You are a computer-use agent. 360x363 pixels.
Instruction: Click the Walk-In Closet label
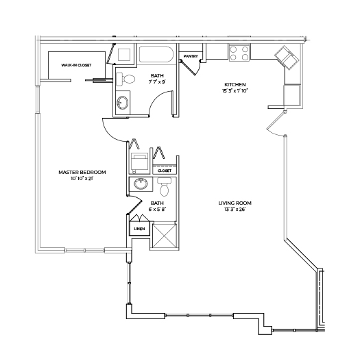[76, 65]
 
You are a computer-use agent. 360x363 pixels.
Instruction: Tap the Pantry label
[191, 56]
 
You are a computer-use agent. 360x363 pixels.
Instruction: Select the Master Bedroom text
[82, 172]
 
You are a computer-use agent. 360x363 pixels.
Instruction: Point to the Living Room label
[235, 203]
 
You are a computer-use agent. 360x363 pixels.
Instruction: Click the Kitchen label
[235, 84]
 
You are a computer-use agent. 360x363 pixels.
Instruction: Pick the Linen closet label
[139, 229]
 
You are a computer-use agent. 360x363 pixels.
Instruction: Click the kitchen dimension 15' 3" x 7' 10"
[235, 90]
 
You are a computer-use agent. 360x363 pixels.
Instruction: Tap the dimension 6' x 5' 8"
[157, 210]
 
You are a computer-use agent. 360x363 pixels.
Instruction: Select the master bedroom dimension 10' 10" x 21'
[82, 179]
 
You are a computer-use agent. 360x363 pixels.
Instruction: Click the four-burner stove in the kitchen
[239, 53]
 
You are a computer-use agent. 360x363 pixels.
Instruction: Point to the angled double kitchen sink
[286, 58]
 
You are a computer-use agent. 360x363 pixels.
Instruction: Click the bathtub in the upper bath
[156, 54]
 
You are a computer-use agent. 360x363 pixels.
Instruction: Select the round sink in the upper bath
[122, 102]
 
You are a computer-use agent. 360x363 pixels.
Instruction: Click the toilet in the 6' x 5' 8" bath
[165, 186]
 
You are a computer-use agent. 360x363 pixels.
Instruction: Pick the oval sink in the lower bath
[141, 184]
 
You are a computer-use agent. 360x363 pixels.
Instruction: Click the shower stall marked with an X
[165, 236]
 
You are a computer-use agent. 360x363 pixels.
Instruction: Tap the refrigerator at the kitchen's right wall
[292, 95]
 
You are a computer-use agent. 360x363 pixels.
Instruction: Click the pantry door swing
[190, 67]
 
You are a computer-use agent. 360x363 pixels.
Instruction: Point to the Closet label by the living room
[165, 171]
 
